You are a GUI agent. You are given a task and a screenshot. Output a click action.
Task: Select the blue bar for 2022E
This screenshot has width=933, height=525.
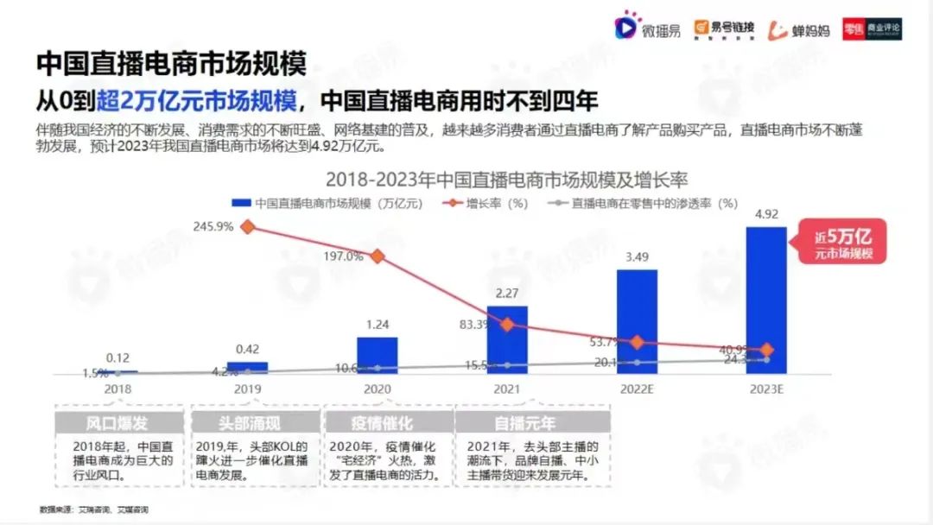click(637, 321)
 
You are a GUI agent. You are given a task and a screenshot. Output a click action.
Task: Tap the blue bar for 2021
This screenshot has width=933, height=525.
click(507, 339)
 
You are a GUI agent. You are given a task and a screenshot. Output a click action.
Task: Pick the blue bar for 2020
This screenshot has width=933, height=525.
click(378, 355)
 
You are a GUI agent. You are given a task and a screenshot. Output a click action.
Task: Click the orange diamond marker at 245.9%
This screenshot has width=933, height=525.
click(248, 227)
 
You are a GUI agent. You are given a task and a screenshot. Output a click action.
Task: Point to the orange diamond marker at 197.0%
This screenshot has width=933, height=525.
click(378, 256)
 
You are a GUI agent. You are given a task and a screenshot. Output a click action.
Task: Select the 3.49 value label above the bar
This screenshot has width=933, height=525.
click(637, 256)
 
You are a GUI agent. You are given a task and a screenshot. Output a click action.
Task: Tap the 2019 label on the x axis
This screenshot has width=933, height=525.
click(248, 389)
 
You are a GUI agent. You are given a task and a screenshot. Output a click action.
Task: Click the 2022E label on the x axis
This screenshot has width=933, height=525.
click(637, 389)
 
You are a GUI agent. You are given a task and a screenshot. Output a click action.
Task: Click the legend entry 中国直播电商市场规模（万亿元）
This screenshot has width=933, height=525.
click(328, 204)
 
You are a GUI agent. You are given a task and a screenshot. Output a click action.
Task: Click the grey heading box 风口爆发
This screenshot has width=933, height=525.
click(117, 423)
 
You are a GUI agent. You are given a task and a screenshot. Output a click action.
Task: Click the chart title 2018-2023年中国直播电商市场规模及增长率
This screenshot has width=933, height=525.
click(511, 180)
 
